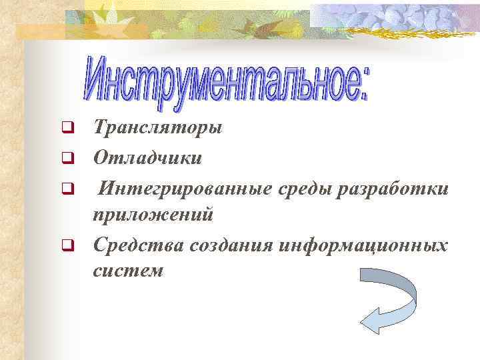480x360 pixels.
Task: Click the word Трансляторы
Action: tap(158, 127)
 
